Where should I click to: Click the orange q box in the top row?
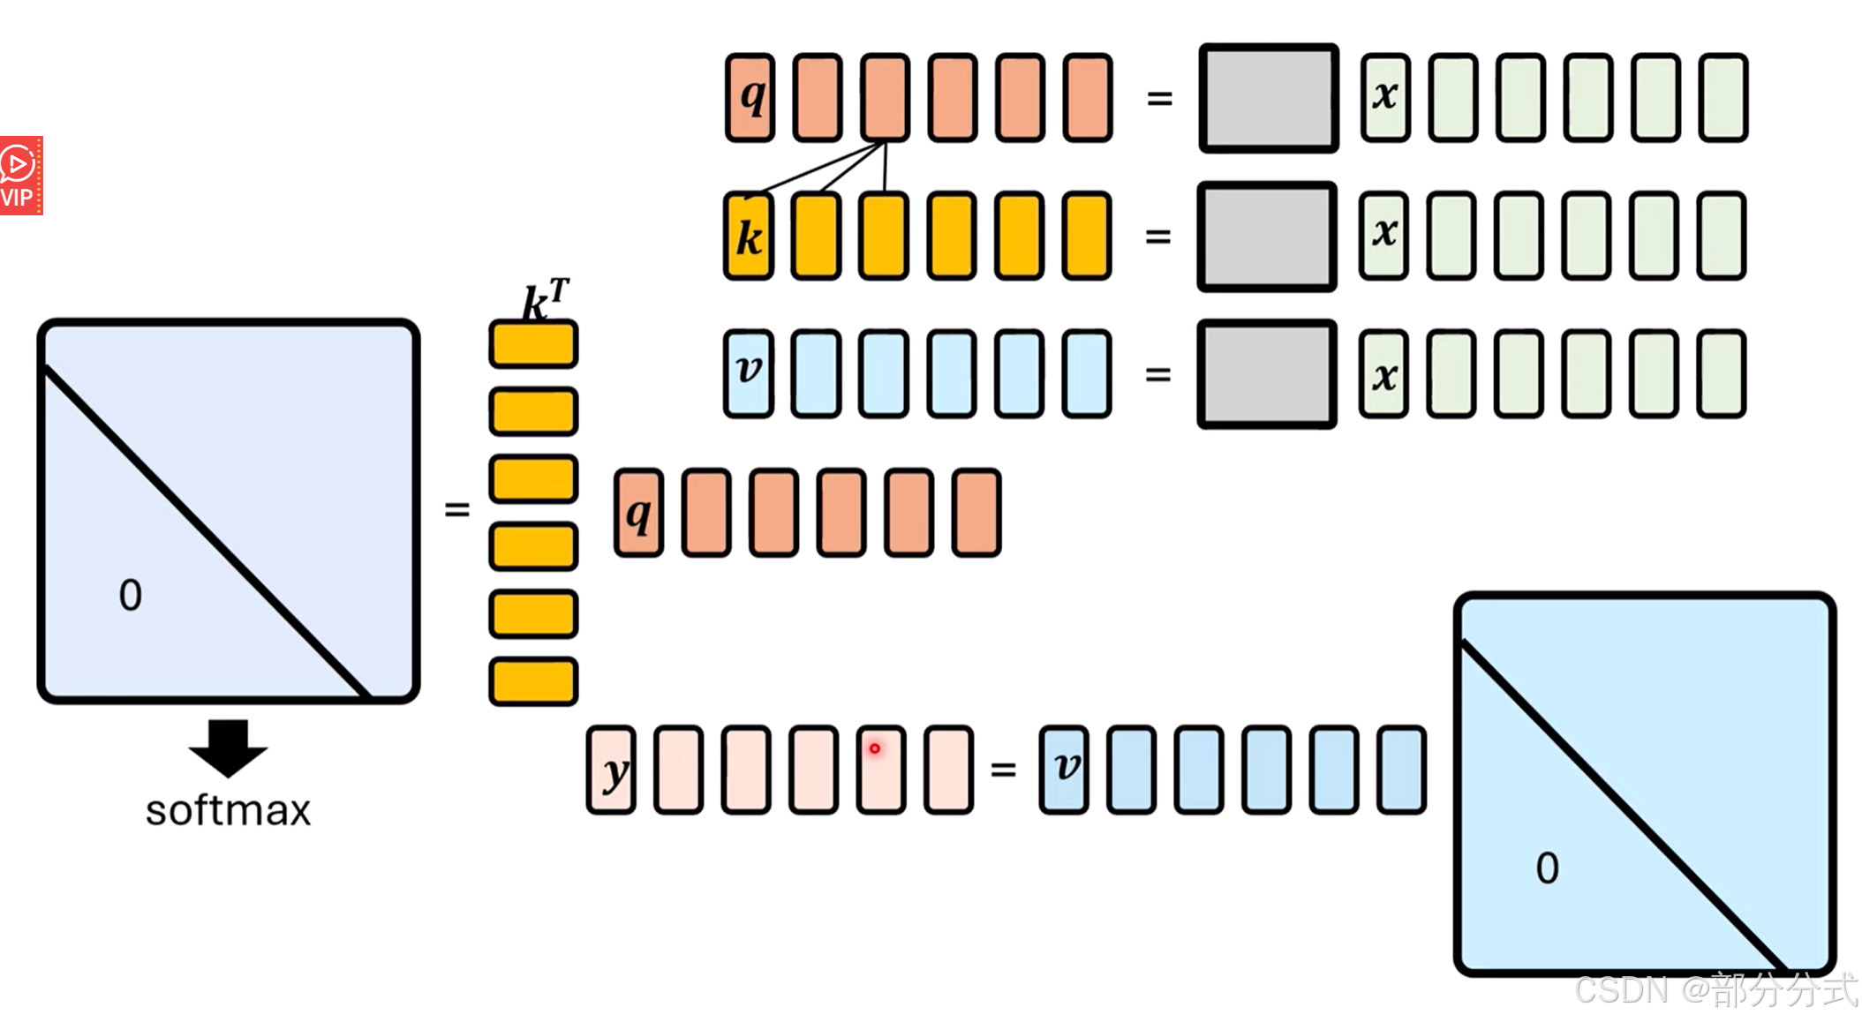750,97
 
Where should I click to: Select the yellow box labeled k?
749,236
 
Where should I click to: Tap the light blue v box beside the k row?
749,373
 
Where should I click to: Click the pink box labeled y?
611,770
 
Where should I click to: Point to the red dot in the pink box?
875,748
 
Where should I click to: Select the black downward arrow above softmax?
228,747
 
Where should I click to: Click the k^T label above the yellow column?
545,300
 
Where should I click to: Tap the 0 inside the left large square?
130,596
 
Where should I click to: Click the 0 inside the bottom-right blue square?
1547,868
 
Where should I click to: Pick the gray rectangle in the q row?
1269,98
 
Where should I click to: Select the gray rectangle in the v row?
1267,374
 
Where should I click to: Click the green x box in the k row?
1383,236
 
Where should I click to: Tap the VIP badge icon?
20,176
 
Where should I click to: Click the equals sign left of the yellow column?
456,510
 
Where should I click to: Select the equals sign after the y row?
1003,770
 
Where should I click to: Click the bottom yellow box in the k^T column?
533,681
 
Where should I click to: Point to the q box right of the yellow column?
638,513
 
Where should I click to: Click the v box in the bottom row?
1064,770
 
